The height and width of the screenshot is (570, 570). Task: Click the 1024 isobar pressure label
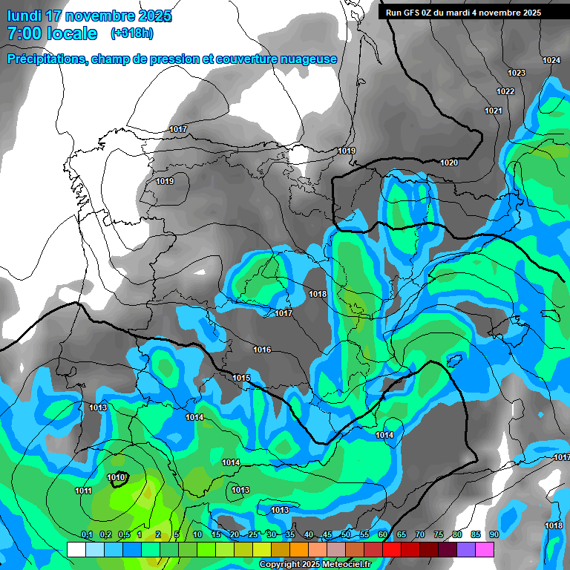(x=551, y=60)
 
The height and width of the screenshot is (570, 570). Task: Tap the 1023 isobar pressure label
(x=517, y=73)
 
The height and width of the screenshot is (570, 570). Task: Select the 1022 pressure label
(x=505, y=91)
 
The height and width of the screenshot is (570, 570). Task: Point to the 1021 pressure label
(x=493, y=111)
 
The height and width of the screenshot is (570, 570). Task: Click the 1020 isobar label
(x=449, y=163)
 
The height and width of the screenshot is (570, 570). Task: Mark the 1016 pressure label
(x=262, y=350)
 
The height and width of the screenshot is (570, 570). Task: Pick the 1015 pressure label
(x=241, y=378)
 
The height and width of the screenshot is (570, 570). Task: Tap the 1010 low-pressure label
(x=116, y=477)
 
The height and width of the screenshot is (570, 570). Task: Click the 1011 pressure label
(x=83, y=491)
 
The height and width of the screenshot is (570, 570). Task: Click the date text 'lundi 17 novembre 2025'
(x=90, y=16)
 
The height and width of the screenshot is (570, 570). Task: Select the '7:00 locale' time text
(x=52, y=33)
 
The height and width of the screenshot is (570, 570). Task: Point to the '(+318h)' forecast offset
(x=131, y=33)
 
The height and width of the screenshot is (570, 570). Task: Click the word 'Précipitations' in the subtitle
(x=46, y=59)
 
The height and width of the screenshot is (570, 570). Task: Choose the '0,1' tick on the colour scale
(x=86, y=535)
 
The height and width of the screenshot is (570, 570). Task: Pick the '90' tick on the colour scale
(x=494, y=535)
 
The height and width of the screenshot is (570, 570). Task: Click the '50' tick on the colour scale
(x=346, y=535)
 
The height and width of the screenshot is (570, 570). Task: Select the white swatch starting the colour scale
(x=76, y=549)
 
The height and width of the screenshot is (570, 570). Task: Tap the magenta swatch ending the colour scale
(x=485, y=549)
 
